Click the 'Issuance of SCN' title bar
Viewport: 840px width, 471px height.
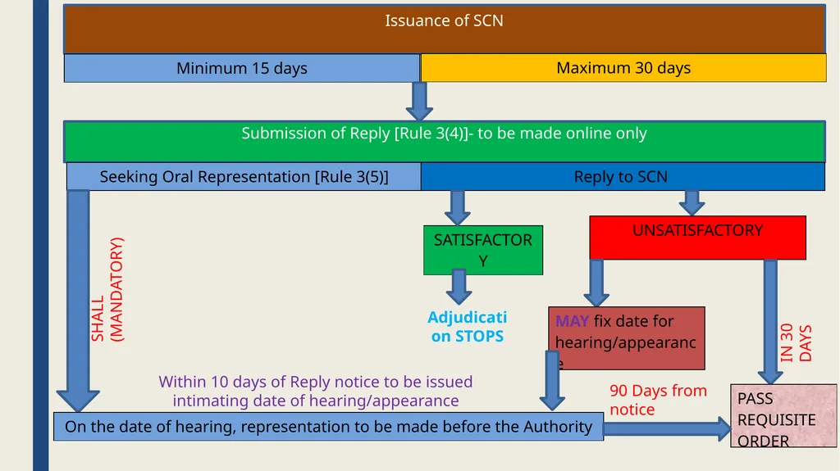444,29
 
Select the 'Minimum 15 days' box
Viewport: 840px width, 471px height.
242,68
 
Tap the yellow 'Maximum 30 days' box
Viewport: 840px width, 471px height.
623,68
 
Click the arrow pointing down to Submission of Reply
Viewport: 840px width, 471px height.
419,101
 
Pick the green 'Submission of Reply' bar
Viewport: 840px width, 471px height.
444,141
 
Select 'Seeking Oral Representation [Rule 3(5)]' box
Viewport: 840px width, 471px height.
244,177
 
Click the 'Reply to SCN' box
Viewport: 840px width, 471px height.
623,177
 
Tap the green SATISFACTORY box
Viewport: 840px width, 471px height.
482,250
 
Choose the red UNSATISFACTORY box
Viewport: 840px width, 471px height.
697,238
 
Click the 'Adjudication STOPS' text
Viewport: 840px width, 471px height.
467,327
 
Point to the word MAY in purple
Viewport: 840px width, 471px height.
572,321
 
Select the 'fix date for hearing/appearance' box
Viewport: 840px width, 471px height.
627,338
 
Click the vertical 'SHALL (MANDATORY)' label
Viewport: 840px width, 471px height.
107,289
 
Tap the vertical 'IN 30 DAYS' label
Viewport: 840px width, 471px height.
796,342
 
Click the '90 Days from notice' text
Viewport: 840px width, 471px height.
658,400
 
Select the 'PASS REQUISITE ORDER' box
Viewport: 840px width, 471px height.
783,415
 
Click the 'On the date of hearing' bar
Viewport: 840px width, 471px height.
328,427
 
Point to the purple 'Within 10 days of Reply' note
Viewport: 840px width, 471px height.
316,392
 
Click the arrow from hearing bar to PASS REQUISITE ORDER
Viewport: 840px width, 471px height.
668,428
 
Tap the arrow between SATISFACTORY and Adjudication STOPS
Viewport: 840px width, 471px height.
459,287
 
